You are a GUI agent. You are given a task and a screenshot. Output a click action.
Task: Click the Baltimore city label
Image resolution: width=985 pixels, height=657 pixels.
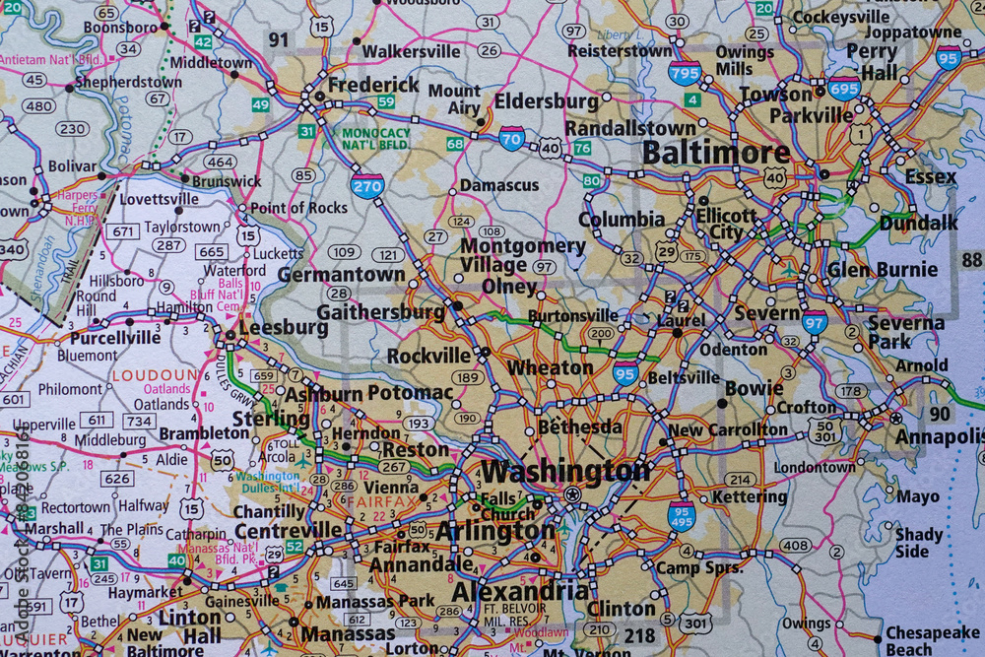click(x=715, y=153)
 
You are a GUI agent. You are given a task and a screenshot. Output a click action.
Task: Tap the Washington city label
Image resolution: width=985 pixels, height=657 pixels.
click(x=565, y=471)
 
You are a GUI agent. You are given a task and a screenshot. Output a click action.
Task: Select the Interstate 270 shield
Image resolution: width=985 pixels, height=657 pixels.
click(x=366, y=184)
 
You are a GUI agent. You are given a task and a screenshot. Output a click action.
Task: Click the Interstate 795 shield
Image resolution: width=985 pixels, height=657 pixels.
click(x=685, y=71)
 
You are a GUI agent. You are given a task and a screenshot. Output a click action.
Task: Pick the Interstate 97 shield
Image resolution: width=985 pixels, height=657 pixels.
click(x=815, y=321)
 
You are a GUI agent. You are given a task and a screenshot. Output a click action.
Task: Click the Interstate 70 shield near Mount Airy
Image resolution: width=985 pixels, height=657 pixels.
click(x=512, y=138)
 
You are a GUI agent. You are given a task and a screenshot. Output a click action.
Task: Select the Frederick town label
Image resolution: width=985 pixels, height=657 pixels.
click(x=373, y=85)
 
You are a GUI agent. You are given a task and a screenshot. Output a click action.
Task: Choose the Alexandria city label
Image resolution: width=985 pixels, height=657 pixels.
click(x=519, y=591)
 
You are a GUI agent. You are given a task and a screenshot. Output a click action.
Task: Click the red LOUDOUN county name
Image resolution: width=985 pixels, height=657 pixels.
click(x=155, y=375)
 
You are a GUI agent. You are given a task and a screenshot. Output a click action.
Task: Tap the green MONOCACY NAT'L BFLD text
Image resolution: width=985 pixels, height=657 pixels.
click(x=376, y=138)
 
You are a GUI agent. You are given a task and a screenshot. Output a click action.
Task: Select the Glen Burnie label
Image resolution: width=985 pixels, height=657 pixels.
click(x=883, y=269)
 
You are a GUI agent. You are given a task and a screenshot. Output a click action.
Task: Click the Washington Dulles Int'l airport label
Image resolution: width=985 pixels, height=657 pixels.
click(x=268, y=482)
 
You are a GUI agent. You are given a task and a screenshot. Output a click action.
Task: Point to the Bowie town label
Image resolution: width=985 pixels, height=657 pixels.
click(x=754, y=388)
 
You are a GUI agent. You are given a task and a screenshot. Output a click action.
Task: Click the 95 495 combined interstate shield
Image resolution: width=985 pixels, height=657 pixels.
click(x=682, y=515)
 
